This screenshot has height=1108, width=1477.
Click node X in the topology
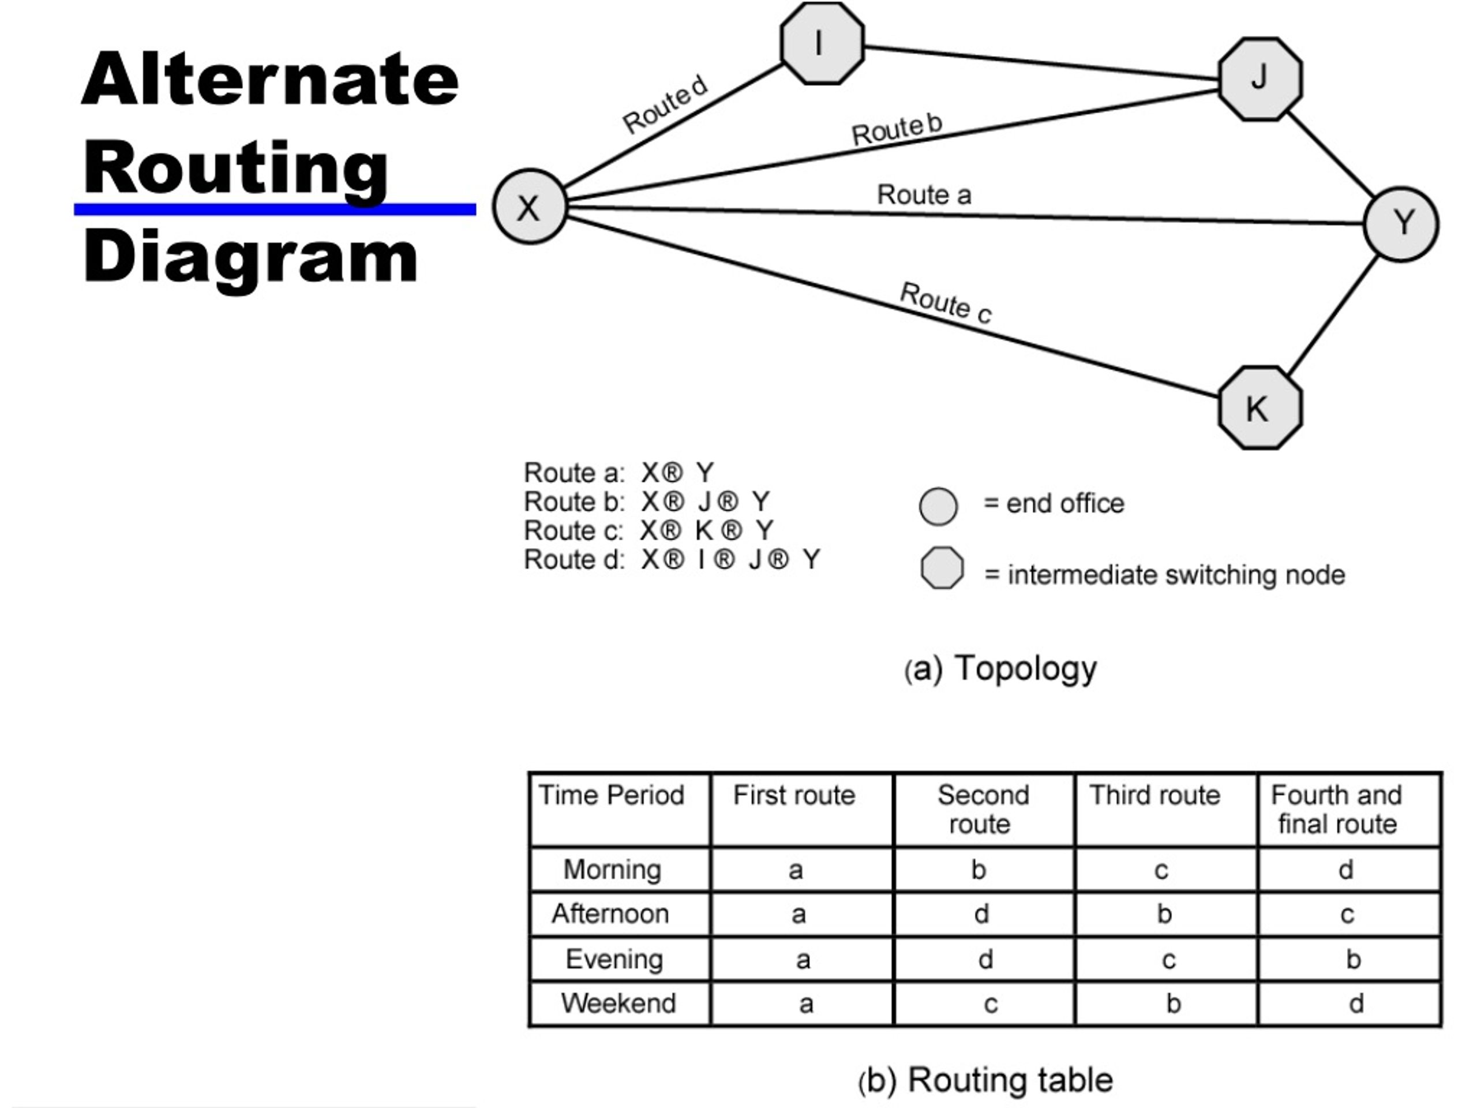[x=530, y=207]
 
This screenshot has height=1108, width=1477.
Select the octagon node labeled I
[x=822, y=43]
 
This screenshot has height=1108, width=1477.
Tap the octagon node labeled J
[x=1260, y=79]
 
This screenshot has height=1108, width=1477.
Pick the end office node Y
[x=1401, y=224]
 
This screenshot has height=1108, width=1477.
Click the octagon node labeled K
[x=1260, y=407]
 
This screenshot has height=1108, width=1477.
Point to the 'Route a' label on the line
[x=924, y=195]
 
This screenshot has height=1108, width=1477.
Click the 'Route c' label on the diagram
[x=946, y=303]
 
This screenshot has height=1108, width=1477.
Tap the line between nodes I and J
[x=1041, y=63]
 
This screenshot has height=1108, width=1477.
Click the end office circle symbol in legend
[x=938, y=506]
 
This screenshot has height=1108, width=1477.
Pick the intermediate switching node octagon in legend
[x=942, y=568]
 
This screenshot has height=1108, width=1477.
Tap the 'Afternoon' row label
[x=610, y=913]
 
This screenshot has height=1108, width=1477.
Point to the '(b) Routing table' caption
[x=985, y=1080]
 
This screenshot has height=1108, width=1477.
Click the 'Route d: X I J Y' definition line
[x=672, y=560]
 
